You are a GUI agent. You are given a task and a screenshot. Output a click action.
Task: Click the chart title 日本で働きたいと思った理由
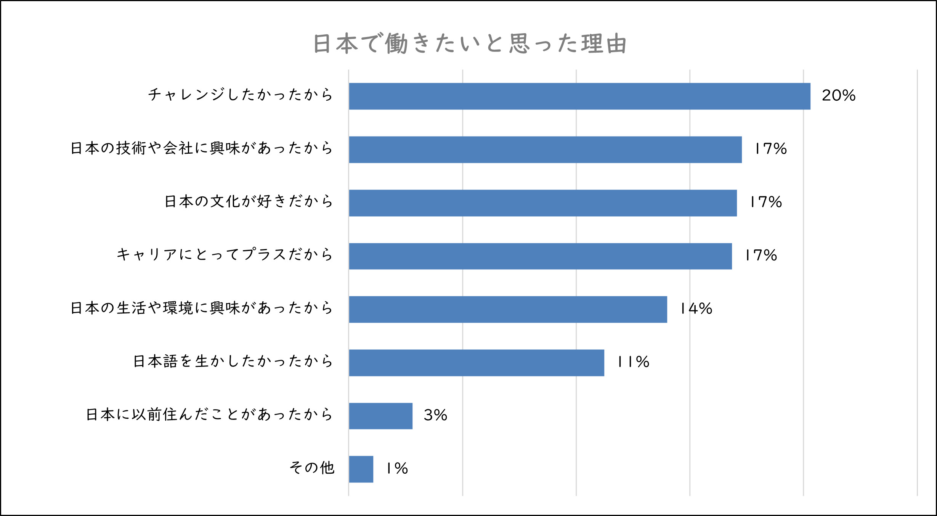coord(470,43)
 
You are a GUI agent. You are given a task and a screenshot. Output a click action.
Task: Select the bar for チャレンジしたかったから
coord(579,96)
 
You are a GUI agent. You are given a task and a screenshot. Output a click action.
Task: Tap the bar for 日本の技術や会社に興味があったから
coord(545,149)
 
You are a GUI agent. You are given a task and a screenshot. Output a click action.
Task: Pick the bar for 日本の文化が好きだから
coord(543,203)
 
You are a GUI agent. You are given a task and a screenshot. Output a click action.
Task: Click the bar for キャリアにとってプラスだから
coord(540,256)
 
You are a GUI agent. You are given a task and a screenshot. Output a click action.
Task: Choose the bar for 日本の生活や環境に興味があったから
coord(508,309)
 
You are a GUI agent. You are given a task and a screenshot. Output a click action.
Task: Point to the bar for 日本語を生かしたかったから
coord(477,363)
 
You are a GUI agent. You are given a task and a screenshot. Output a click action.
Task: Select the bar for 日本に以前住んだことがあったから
coord(380,416)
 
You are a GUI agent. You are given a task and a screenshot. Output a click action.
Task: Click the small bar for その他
coord(361,469)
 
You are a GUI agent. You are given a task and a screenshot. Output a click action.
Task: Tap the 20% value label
coord(839,95)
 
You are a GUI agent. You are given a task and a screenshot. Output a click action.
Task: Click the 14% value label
coord(696,309)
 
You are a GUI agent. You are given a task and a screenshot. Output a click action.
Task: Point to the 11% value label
coord(633,362)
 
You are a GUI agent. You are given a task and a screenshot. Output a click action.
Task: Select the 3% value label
coord(435,415)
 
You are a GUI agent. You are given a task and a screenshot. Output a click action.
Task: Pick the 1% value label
coord(397,469)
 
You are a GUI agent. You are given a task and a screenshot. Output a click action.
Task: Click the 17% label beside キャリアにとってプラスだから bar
coord(761,256)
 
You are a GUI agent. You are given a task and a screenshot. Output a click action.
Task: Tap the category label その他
coord(312,468)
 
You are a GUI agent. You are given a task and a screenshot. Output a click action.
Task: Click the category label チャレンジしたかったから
coord(241,95)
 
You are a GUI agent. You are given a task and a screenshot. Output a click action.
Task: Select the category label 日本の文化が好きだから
coord(249,201)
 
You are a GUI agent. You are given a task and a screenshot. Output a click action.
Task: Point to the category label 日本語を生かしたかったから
coord(233,361)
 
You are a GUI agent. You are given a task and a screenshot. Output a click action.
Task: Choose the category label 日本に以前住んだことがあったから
coord(209,415)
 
